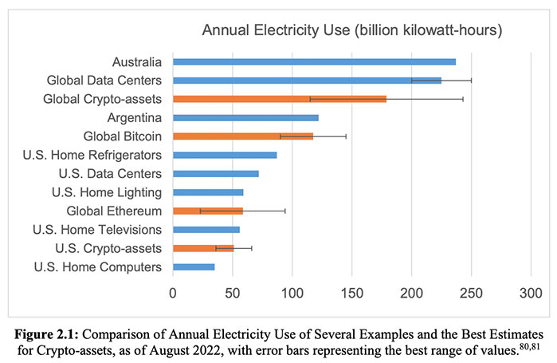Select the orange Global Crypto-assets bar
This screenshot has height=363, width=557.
(x=279, y=99)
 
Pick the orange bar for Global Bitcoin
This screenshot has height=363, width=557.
(x=242, y=136)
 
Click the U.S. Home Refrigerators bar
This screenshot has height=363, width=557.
(x=225, y=155)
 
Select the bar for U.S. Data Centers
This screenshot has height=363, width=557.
(x=215, y=173)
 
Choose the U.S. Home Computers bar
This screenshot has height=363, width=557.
(x=194, y=266)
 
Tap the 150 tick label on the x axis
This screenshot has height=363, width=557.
(x=292, y=292)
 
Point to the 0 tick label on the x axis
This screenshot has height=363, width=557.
(x=173, y=292)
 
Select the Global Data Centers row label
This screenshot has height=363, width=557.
(x=104, y=80)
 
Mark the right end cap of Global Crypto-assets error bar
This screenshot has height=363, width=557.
(x=463, y=99)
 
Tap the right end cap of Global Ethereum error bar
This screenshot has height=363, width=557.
(x=285, y=211)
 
